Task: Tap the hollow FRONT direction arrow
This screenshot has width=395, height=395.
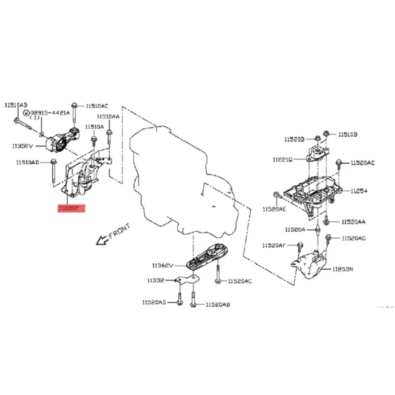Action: click(102, 240)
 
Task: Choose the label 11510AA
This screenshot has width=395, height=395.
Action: click(108, 117)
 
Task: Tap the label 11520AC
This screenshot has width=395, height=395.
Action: click(239, 281)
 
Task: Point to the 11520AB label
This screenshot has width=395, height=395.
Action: click(218, 305)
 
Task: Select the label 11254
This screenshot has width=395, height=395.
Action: click(359, 191)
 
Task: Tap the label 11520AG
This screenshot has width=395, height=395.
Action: click(353, 239)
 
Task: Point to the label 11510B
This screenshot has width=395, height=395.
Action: click(348, 134)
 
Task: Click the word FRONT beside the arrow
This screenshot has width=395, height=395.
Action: click(119, 231)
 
